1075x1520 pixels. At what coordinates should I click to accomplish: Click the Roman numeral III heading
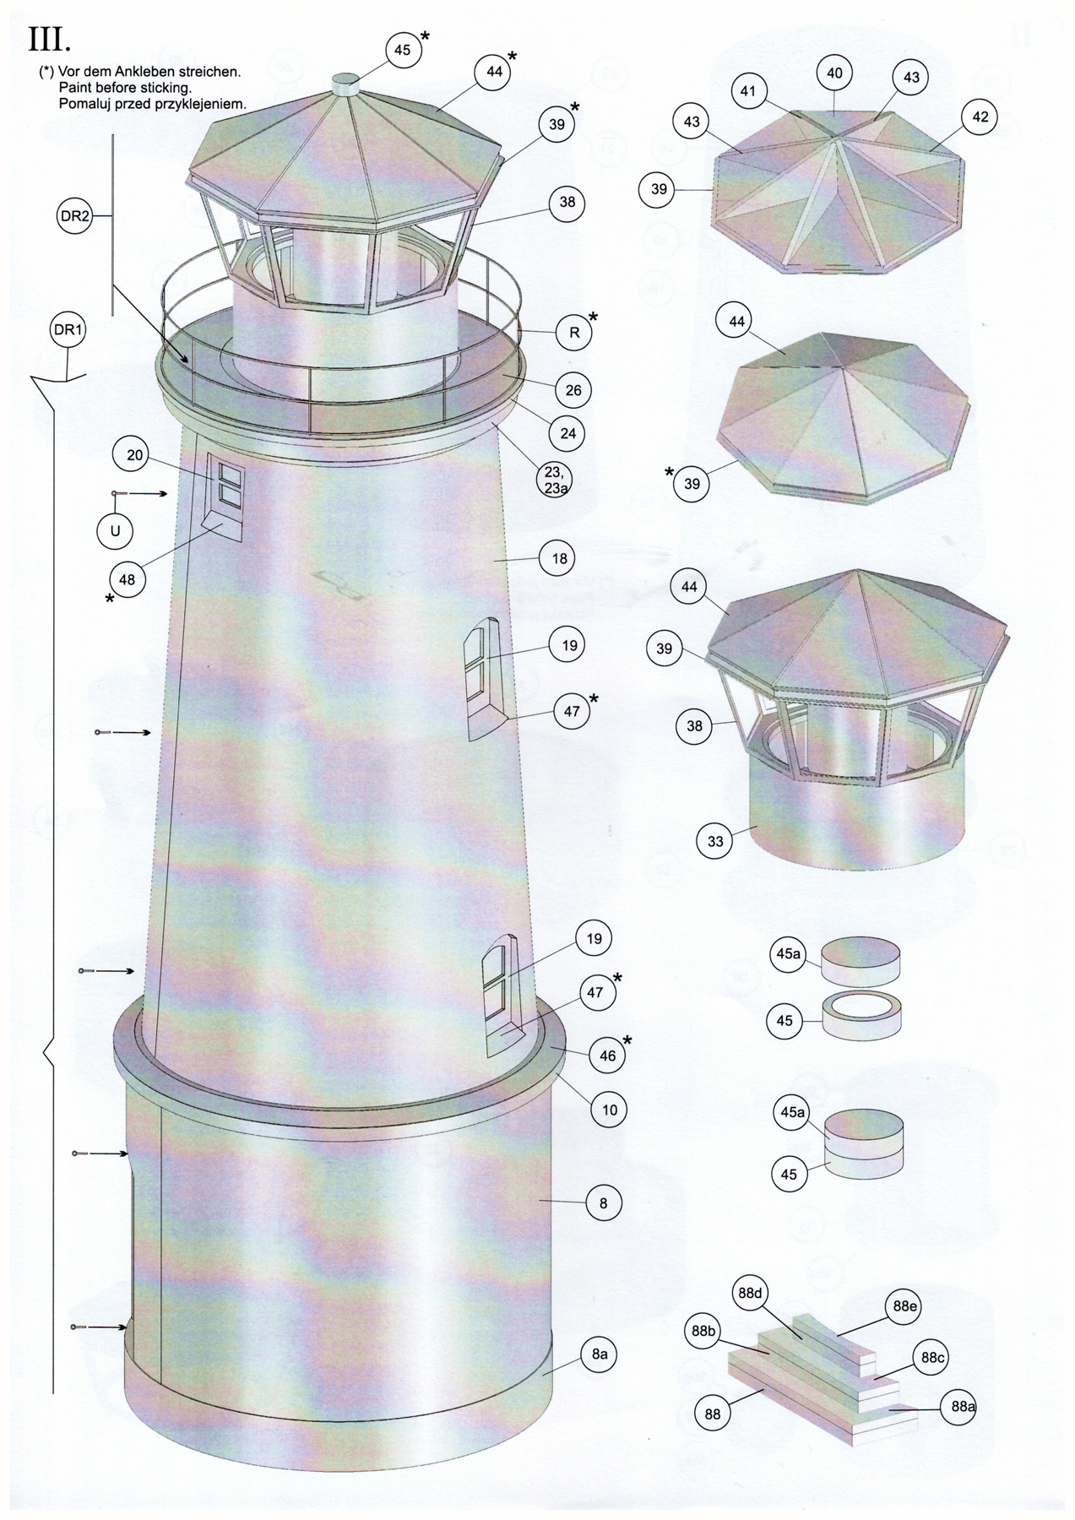(x=50, y=40)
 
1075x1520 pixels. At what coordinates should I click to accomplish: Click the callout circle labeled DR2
(x=75, y=217)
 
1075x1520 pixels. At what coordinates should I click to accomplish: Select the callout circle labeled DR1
(x=68, y=331)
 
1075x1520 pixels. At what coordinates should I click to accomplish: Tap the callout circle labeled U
(x=115, y=531)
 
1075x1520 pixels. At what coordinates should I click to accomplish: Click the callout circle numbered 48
(x=127, y=580)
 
